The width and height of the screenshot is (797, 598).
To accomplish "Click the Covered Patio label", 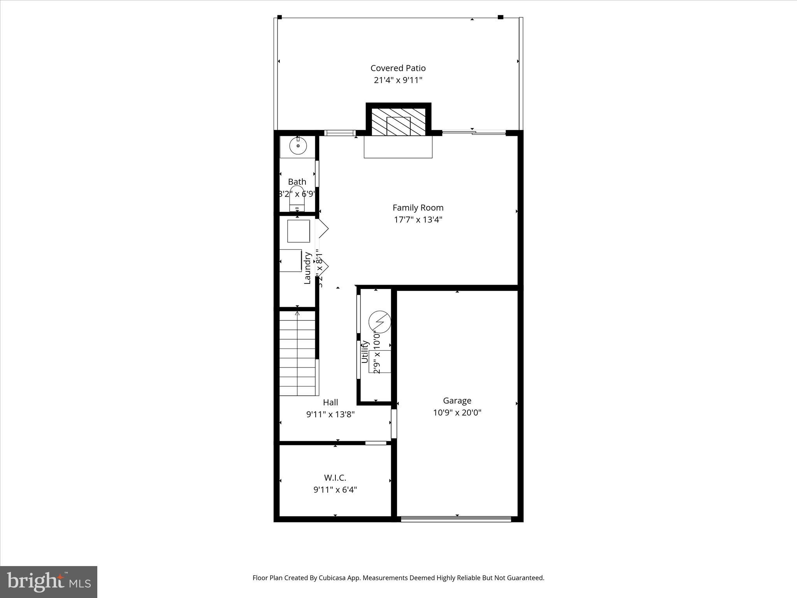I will coord(398,68).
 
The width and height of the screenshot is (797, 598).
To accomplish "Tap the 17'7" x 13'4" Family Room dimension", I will coord(418,220).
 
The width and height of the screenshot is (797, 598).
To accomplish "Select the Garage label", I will coord(457,401).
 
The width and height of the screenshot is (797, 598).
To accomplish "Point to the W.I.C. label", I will coord(335,478).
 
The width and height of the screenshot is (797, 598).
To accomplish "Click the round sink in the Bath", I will coord(298,146).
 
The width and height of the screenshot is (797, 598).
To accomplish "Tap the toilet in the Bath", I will coord(297,199).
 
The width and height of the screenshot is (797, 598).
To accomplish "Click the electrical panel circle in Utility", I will coord(379,322).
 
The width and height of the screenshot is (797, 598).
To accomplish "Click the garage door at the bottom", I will coord(456,519).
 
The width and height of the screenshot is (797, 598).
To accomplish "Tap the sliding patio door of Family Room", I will coord(474,133).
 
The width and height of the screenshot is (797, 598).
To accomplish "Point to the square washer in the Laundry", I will coord(298,231).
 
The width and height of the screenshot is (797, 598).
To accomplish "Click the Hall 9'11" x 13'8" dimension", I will coord(330,414).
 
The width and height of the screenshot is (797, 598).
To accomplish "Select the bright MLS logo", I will coord(49,582).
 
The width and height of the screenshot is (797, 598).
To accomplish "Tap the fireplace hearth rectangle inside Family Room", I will coord(398,147).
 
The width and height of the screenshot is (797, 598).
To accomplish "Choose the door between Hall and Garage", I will coord(394,424).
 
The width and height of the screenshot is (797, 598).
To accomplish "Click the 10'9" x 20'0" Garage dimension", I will coord(457,413).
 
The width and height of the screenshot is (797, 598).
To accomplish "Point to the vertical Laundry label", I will coord(307,268).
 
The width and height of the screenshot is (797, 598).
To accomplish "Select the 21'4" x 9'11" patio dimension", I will coord(398,80).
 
